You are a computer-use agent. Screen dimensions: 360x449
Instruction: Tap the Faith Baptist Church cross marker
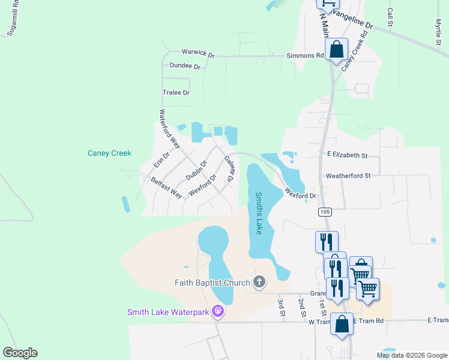coord(259,282)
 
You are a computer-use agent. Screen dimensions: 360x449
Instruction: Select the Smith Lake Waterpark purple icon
coord(218,312)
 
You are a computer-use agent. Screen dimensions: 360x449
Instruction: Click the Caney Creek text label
coord(109,153)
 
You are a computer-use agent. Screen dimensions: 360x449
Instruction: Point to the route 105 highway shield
coord(325,212)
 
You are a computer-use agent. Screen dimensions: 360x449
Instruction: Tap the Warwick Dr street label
coord(198,53)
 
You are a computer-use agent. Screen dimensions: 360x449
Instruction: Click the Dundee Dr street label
coord(185,66)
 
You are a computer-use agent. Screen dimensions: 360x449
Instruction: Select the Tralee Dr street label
coord(176,92)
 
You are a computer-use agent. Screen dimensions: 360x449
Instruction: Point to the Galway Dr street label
coord(229,169)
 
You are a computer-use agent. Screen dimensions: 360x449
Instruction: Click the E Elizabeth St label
coord(347,155)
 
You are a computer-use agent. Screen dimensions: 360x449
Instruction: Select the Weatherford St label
coord(348,176)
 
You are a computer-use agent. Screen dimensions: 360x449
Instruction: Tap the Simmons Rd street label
coord(304,55)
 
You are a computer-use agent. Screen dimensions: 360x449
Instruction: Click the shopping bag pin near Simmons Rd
coord(336,49)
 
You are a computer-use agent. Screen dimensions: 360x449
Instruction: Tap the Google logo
coord(20,353)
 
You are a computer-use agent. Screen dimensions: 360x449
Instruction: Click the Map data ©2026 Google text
coord(411,355)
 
